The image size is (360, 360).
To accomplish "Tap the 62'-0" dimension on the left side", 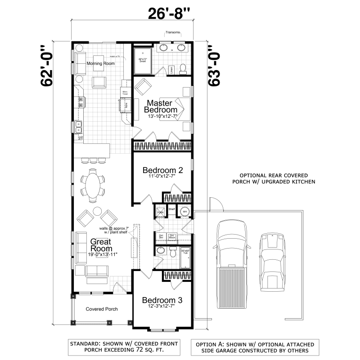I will point(46,66).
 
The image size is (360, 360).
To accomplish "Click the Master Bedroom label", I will point(161,106).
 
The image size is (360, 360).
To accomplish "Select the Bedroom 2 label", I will point(162,170).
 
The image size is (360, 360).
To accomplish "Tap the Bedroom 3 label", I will point(162,300).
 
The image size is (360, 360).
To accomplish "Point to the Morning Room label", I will point(100,63).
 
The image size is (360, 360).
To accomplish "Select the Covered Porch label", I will point(102,309).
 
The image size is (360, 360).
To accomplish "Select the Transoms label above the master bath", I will point(173,33).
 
